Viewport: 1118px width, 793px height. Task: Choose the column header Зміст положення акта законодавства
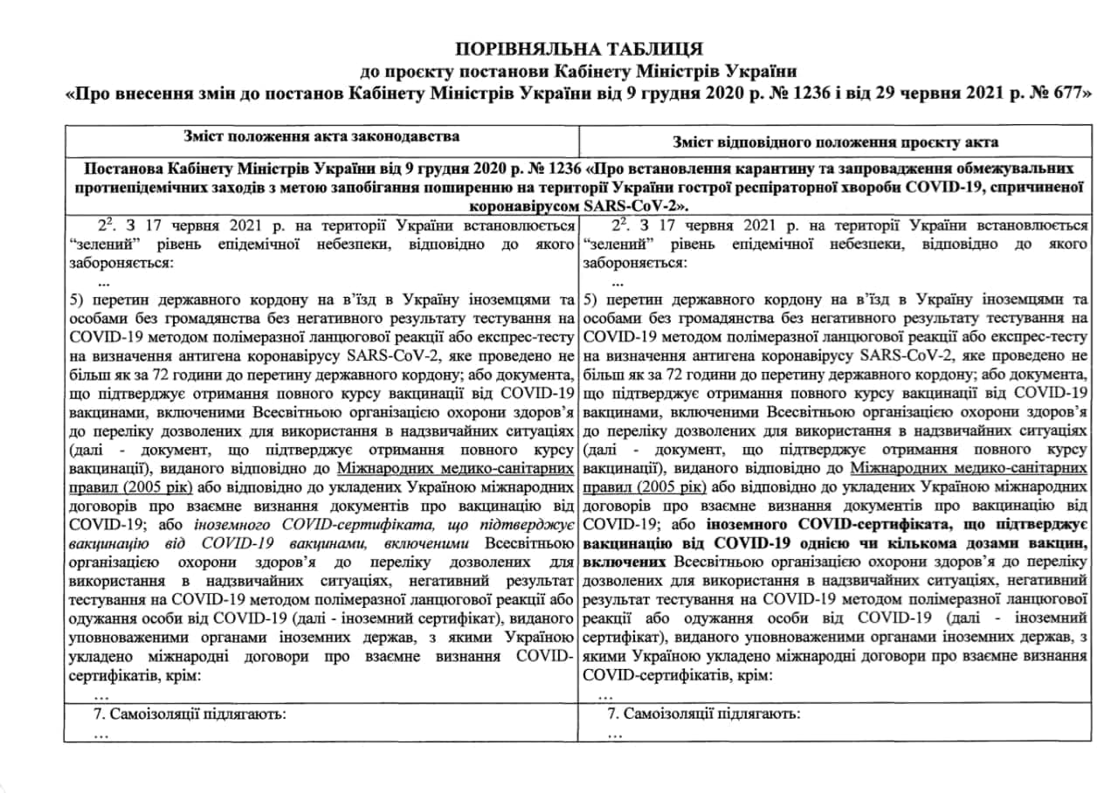322,136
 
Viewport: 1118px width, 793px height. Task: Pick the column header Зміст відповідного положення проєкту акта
836,141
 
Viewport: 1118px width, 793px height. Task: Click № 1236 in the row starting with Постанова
548,167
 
